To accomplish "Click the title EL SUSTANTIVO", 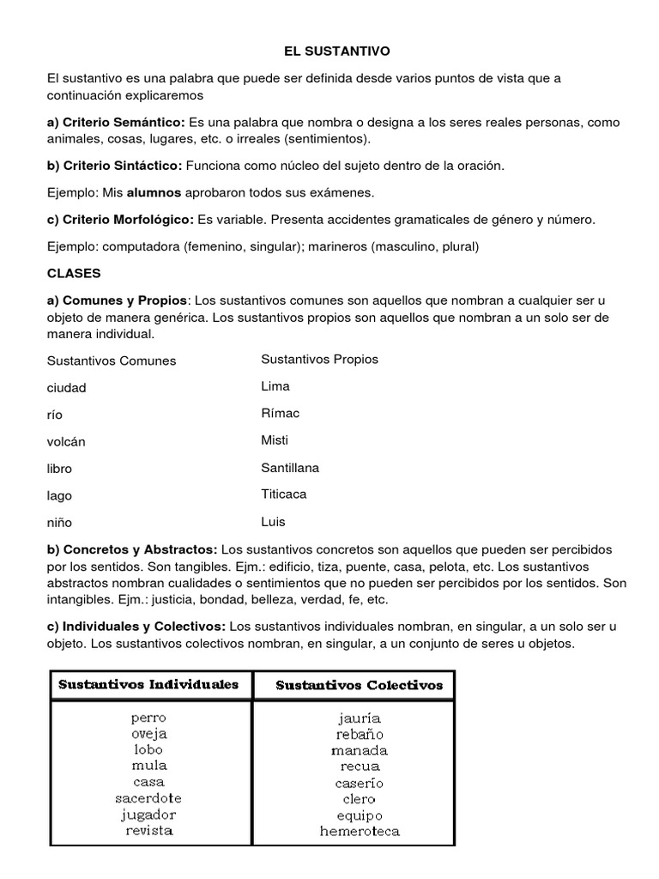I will coord(329,52).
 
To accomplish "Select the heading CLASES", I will coord(74,273).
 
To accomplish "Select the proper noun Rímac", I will coord(280,413).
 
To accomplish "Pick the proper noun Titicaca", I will coord(284,494).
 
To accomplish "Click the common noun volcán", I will coord(67,441).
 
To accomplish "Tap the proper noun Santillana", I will coord(290,468).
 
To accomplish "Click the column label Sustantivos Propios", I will coord(319,359).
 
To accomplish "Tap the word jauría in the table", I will coord(359,718).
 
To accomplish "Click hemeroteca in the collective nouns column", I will coord(359,831).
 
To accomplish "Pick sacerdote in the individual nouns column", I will coord(148,798).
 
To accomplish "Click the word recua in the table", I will coord(359,766).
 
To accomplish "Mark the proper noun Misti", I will coord(275,439).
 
